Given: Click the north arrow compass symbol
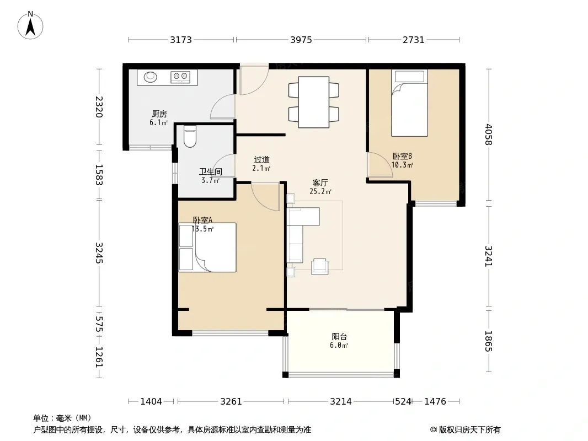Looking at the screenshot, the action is (x=30, y=25).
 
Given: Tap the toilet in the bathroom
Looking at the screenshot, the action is (x=190, y=136).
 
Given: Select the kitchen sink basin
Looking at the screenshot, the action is (x=151, y=77).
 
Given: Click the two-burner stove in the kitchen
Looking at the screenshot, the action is (x=179, y=77).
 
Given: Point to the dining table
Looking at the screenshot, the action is (x=313, y=102).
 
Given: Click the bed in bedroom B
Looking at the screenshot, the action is (x=409, y=103).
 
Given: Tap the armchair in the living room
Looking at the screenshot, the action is (x=319, y=266).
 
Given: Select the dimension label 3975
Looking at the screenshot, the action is (x=301, y=40).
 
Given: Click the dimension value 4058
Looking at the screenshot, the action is (x=488, y=135).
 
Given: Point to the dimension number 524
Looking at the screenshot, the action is (x=403, y=402).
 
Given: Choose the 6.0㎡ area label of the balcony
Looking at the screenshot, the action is (x=339, y=346).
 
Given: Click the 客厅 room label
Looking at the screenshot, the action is (x=320, y=183).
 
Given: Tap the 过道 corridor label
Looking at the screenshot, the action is (x=261, y=160).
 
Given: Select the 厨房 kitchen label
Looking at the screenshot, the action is (x=159, y=114).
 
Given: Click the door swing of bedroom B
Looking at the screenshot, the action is (x=379, y=165).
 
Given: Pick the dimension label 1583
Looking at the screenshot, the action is (x=99, y=175).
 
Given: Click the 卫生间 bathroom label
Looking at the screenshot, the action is (x=210, y=172).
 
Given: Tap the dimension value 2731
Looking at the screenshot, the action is (x=414, y=40).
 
